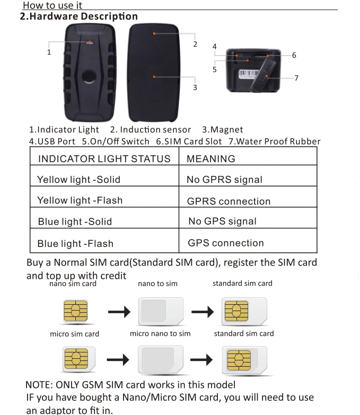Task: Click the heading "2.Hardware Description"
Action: click(x=78, y=16)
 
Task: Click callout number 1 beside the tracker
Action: click(x=49, y=52)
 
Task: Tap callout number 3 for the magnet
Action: click(x=195, y=87)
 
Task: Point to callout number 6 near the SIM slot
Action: click(x=294, y=55)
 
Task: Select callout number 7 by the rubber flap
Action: click(x=296, y=78)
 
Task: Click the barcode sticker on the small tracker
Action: click(x=248, y=74)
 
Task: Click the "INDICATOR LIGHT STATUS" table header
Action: click(x=104, y=158)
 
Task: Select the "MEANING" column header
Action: click(x=211, y=158)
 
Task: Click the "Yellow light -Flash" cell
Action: click(x=80, y=200)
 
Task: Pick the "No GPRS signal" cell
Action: click(x=224, y=180)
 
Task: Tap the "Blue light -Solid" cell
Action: click(x=75, y=222)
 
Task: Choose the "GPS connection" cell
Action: click(x=226, y=243)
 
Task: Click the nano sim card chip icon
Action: click(x=75, y=312)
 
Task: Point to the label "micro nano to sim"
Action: click(x=160, y=333)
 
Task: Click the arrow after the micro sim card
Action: click(x=118, y=360)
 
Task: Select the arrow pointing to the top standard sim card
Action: click(x=202, y=312)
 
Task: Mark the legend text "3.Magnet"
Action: click(x=223, y=129)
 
